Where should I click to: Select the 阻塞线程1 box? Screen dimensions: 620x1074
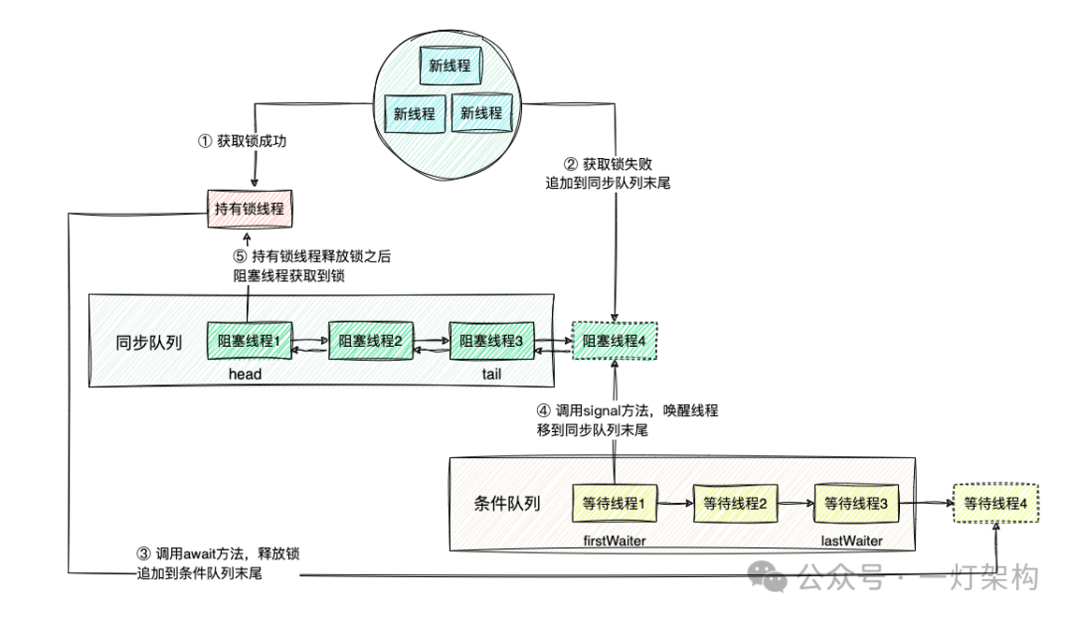coord(249,341)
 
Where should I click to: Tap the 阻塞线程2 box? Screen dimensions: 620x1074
coord(370,341)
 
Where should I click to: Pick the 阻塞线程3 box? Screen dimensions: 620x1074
coord(491,341)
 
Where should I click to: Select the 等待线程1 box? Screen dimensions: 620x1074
coord(615,504)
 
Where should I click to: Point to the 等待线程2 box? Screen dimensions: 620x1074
coord(735,504)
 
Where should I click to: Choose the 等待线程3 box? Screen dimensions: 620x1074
coord(856,504)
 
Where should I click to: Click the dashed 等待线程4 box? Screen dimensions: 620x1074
coord(995,504)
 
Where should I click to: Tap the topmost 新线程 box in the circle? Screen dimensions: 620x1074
coord(449,67)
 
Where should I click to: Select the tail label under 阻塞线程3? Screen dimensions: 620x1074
coord(491,375)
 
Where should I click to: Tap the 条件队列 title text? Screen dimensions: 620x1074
coord(507,503)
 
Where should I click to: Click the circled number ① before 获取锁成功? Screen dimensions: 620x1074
coord(206,141)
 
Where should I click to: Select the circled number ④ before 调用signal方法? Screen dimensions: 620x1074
coord(543,410)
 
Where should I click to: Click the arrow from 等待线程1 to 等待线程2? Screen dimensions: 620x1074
coord(672,505)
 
